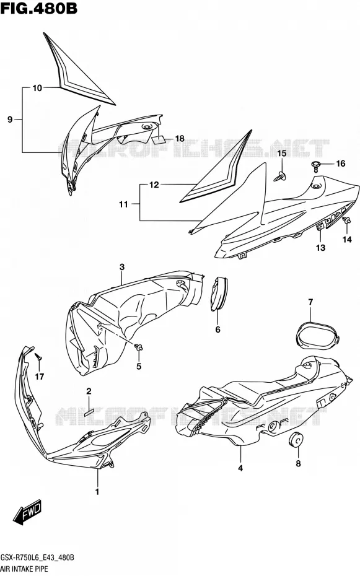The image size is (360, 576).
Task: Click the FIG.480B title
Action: point(39,7)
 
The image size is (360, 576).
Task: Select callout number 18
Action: point(180,139)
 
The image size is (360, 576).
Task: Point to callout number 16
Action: point(341,163)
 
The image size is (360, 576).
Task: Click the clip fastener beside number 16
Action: point(316,167)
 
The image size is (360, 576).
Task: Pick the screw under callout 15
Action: point(281,177)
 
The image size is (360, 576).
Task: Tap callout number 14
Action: point(347,239)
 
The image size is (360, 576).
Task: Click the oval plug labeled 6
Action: point(219,294)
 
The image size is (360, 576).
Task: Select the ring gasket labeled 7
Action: point(318,334)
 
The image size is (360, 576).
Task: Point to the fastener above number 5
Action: point(139,347)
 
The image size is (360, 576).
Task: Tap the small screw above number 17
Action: point(38,356)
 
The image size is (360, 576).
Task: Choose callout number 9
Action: point(10,119)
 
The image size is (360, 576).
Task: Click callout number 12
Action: point(154,185)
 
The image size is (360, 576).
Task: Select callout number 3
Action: point(122,267)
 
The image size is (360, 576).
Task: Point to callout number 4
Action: point(240,468)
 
